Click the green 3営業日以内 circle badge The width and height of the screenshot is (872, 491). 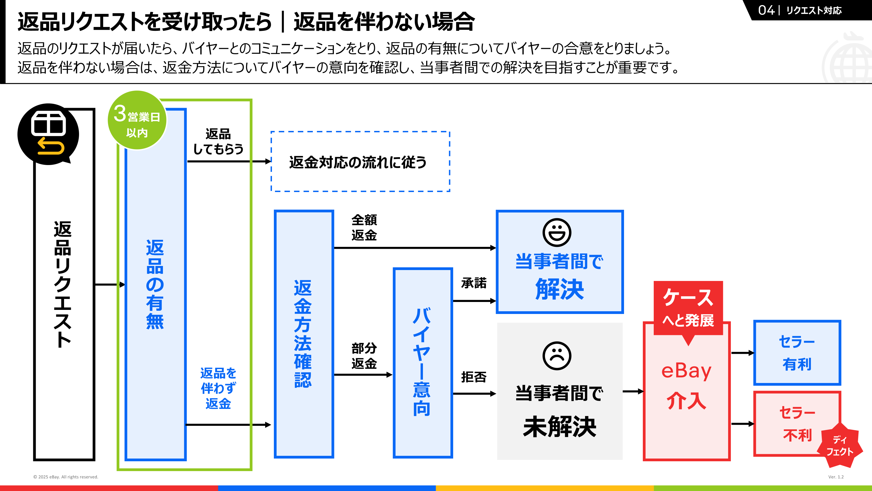point(137,120)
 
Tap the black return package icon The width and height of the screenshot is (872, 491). point(48,134)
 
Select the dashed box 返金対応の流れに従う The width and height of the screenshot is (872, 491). point(360,162)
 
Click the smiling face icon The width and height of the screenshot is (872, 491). point(557,232)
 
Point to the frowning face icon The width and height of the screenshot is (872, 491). point(557,356)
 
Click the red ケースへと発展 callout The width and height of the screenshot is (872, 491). point(688,308)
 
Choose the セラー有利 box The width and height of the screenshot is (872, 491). point(797,352)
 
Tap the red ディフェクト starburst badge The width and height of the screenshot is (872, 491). point(840,445)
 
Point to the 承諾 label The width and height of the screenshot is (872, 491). point(474,283)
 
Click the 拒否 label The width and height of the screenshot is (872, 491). point(474,377)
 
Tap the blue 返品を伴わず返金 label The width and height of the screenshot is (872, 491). point(218,388)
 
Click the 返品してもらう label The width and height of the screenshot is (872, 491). point(218,142)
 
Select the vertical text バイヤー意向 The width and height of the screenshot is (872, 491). point(422,362)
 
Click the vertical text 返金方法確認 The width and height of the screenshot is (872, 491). point(303,334)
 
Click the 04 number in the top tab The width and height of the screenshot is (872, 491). point(766,10)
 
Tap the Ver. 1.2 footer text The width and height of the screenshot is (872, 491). point(836,477)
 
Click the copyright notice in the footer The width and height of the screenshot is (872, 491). point(66,477)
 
